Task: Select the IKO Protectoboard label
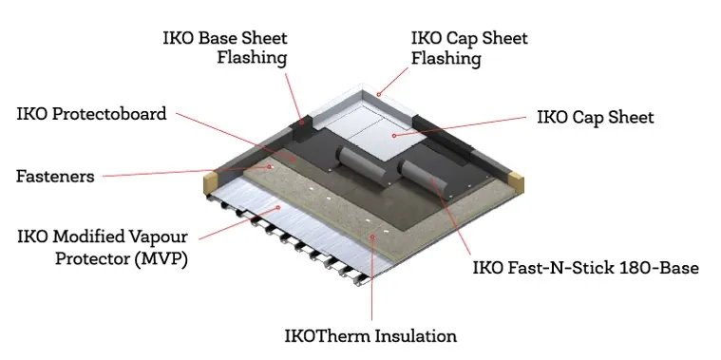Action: pos(91,114)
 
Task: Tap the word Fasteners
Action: pos(54,176)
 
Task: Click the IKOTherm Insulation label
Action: pos(370,336)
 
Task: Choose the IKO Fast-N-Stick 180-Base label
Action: pos(585,268)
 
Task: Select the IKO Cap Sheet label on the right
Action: pos(595,118)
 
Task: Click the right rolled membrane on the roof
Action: pos(419,176)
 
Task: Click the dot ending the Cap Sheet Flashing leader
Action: pos(378,93)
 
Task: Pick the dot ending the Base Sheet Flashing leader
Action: pos(300,121)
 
